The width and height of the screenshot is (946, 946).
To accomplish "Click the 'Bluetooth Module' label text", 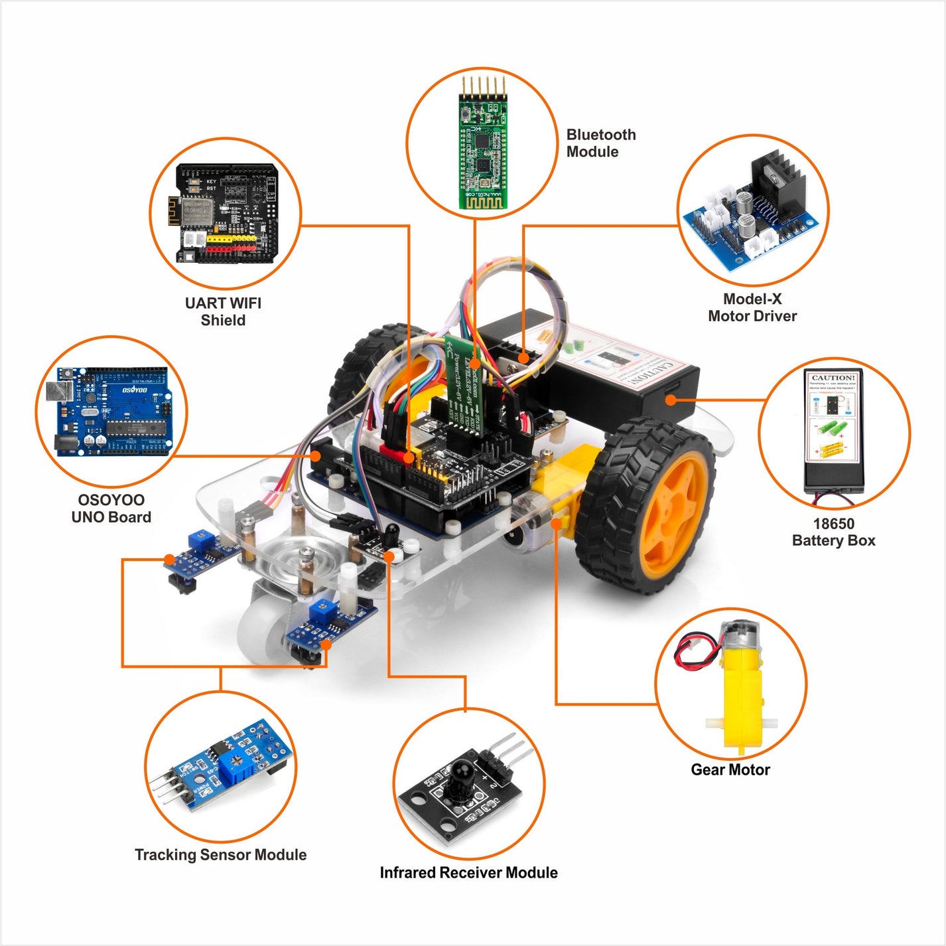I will pos(600,143).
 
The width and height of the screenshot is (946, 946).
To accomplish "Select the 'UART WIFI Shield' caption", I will pos(223,311).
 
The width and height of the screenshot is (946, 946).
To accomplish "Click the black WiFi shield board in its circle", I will pos(226,213).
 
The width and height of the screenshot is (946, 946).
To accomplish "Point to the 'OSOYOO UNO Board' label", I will pos(111,509).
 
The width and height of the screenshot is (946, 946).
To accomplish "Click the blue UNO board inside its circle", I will pos(111,412).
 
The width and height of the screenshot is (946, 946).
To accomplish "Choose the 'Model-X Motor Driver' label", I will pos(752,307).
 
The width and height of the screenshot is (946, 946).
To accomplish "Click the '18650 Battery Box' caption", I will pos(833,532).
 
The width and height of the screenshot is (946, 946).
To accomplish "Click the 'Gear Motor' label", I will pos(730,769).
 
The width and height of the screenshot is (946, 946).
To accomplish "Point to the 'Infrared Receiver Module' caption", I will pos(468,872).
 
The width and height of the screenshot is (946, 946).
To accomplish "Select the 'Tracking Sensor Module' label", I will pos(220,854).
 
